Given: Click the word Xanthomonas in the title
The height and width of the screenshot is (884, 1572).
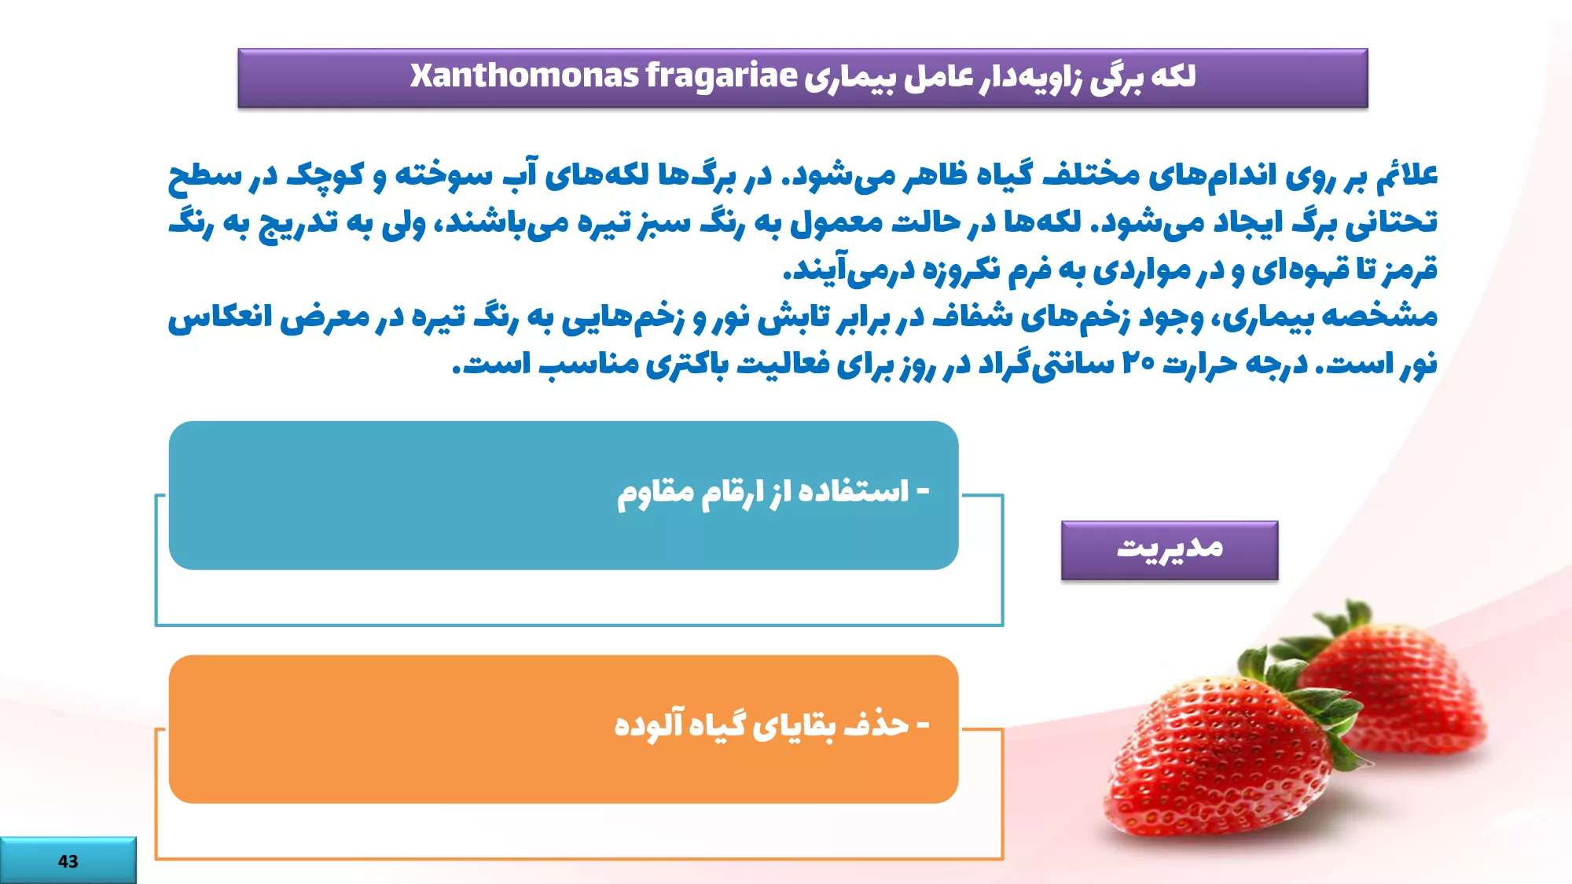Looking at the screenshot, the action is tap(524, 75).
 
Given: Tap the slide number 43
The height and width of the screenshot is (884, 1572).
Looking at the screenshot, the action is tap(68, 861).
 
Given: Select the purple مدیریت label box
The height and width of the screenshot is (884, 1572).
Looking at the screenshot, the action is tap(1170, 550).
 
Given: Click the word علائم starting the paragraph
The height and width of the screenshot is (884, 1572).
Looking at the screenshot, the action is tap(1407, 174).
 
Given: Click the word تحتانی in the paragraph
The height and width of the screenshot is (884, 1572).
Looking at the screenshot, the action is tap(1391, 222).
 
